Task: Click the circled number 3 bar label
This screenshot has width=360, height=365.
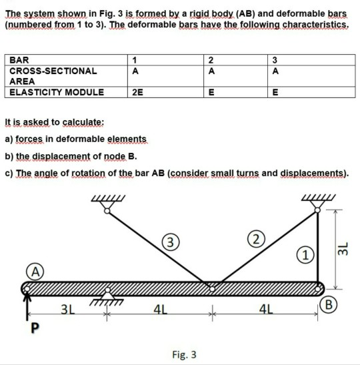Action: point(172,242)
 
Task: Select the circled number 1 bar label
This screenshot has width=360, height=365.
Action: point(305,256)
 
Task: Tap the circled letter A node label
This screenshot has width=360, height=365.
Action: point(31,271)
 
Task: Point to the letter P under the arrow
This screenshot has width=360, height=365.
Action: point(29,328)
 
